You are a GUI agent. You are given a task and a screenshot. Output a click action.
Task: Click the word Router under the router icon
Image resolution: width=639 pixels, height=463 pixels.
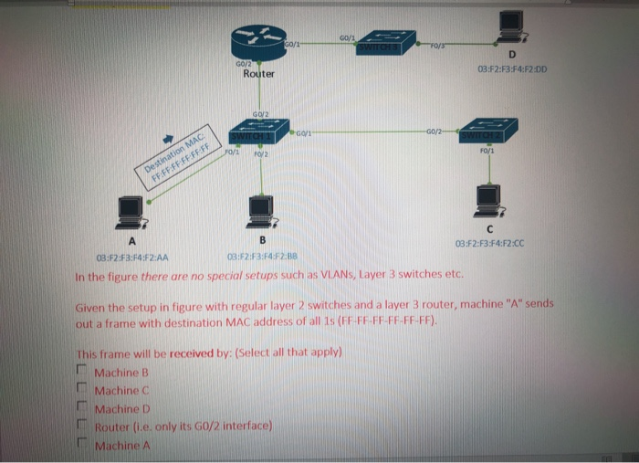pyautogui.click(x=259, y=74)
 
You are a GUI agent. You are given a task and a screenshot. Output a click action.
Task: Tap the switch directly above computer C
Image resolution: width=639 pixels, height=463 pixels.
pyautogui.click(x=488, y=131)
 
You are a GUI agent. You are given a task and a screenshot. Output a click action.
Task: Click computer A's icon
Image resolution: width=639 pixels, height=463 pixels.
pyautogui.click(x=131, y=211)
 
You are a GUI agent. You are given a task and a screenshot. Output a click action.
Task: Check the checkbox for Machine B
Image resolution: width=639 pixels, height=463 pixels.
pyautogui.click(x=80, y=372)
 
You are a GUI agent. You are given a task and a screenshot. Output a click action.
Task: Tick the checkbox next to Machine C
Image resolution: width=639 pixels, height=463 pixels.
pyautogui.click(x=80, y=390)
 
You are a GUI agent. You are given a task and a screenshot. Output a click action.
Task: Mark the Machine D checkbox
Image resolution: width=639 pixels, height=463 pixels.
pyautogui.click(x=80, y=408)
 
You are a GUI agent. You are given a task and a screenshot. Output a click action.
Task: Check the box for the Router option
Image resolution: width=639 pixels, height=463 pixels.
pyautogui.click(x=80, y=426)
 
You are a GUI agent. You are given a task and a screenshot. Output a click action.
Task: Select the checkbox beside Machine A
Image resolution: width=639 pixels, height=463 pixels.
pyautogui.click(x=80, y=445)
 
